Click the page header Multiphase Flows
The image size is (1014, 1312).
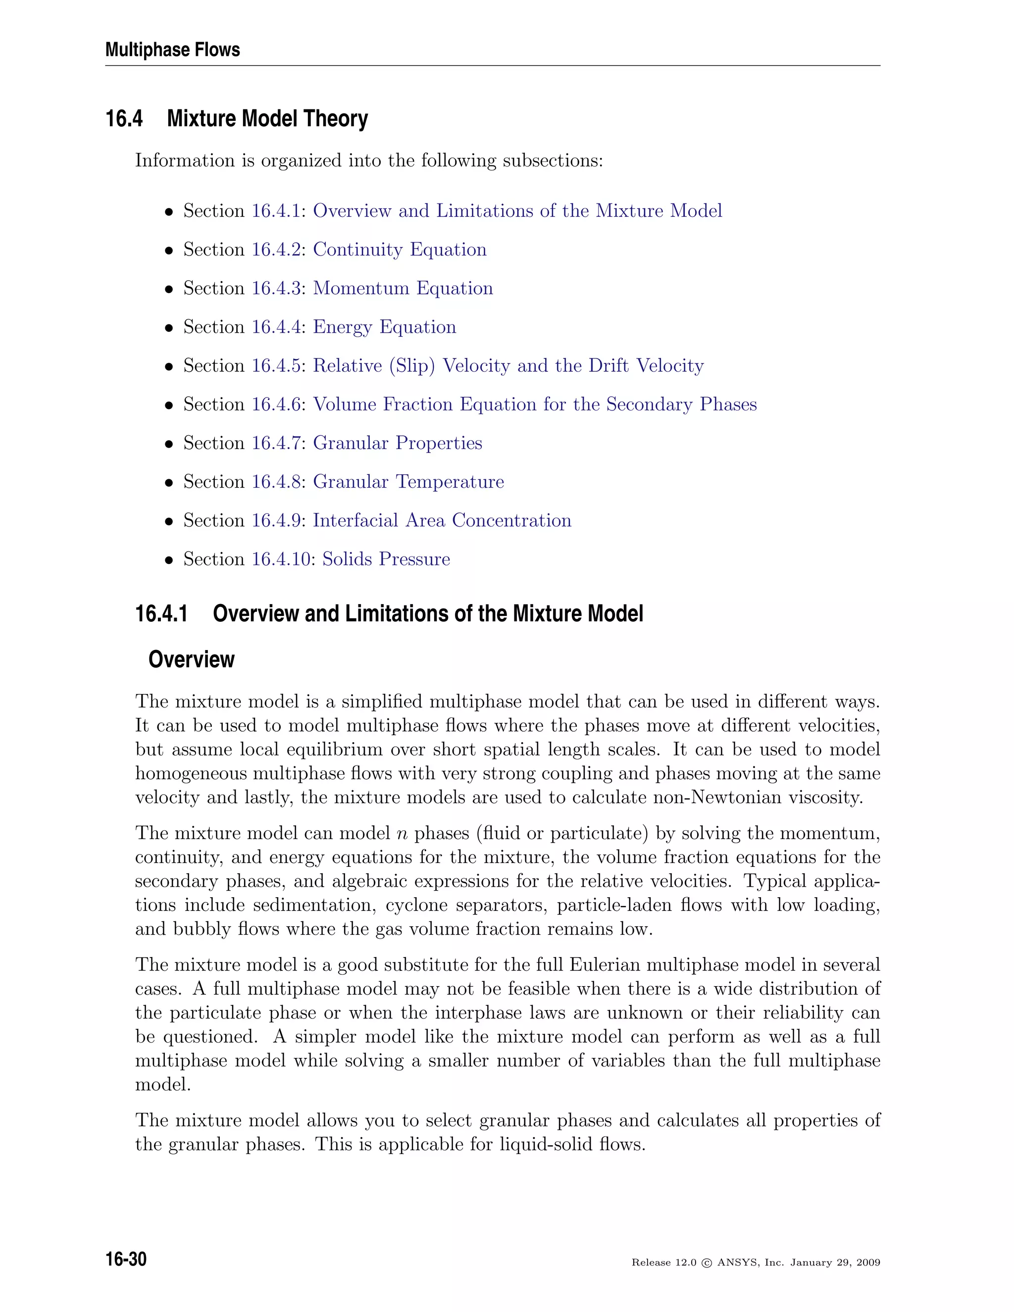(172, 50)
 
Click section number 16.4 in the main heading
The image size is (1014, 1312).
(124, 119)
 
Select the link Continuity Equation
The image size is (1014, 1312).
(400, 250)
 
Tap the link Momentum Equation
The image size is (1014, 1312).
(403, 288)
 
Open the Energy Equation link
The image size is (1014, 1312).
(384, 327)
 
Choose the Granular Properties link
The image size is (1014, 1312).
(397, 443)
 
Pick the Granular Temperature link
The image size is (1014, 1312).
(408, 482)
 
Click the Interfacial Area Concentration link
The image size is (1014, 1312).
(442, 520)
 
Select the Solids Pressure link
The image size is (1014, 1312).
(386, 559)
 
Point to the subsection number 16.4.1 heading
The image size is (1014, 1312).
(161, 614)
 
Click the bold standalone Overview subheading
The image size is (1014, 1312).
(191, 659)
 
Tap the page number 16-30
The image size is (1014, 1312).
(126, 1259)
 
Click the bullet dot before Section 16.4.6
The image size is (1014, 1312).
(169, 405)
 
